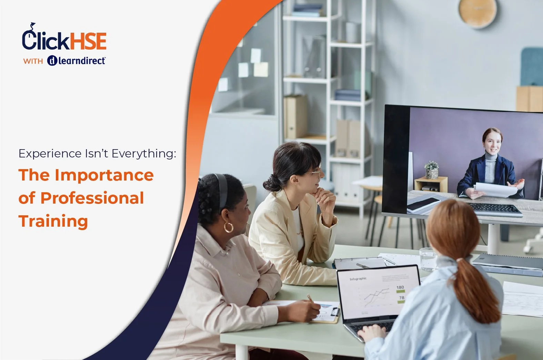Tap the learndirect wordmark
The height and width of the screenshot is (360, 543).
tap(81, 61)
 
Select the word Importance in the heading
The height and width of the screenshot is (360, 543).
tap(104, 175)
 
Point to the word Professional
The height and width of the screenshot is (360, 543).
tap(92, 198)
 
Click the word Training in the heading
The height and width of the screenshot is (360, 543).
tap(53, 221)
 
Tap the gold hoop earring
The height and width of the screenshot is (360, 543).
tap(228, 227)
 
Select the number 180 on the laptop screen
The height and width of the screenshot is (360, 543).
tap(400, 287)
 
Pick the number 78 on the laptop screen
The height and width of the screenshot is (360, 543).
tap(401, 298)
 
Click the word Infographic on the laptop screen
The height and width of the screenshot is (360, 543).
tap(358, 279)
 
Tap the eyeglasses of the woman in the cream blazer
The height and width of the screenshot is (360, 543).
tap(315, 171)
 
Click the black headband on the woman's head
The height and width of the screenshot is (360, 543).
tap(222, 189)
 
